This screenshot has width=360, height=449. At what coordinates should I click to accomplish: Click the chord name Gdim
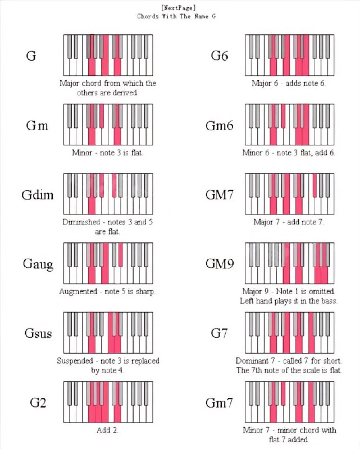coord(38,195)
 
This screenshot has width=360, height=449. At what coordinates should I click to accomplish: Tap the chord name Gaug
coord(38,264)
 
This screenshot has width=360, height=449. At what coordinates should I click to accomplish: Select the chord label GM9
coord(219,264)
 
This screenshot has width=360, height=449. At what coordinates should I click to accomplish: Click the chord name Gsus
coord(38,333)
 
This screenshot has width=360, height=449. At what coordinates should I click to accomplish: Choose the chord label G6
coord(219,56)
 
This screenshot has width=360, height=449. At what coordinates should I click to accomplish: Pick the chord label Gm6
coord(219,125)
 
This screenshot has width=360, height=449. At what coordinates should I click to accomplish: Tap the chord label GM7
coord(219,195)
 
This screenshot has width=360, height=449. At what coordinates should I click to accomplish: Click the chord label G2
coord(38,402)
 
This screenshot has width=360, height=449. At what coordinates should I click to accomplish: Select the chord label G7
coord(219,333)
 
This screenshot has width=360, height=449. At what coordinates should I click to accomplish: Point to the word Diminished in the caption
coord(81,222)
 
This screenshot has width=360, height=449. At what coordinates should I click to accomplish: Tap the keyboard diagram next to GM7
coord(289,194)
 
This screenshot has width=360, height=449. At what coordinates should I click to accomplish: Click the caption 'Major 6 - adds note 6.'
coord(289,83)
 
